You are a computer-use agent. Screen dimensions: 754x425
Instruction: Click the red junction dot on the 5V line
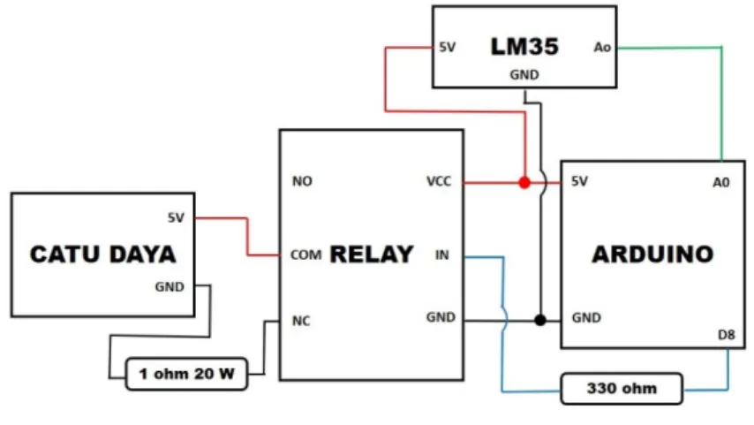point(524,183)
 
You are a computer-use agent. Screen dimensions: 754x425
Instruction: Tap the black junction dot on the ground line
point(540,320)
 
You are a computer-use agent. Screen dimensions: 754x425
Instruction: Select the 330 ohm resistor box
point(622,389)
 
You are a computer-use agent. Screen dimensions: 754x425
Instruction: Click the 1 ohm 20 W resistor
point(186,374)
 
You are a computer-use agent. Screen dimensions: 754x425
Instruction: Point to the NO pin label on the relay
point(302,181)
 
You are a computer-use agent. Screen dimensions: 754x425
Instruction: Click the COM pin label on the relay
point(305,255)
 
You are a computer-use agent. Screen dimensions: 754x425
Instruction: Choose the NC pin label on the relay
point(301,321)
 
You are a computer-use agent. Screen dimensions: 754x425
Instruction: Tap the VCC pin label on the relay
point(439,181)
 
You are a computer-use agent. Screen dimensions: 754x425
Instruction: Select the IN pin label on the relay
point(442,255)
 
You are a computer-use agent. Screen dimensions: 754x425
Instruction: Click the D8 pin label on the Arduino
point(726,335)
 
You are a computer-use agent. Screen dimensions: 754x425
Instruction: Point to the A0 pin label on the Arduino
point(720,182)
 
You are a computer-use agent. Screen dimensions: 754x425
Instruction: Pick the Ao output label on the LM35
point(602,47)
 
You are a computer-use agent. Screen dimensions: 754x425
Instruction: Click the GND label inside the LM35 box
point(524,75)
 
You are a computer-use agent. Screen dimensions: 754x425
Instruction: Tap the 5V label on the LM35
point(448,47)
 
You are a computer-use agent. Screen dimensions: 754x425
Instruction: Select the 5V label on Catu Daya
point(176,218)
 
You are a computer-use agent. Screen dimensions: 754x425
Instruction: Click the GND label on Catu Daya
point(170,287)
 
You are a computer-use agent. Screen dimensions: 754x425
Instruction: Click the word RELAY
point(371,254)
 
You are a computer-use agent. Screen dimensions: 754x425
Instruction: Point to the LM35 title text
point(524,47)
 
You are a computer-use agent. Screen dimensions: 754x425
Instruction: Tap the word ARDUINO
point(652,254)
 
